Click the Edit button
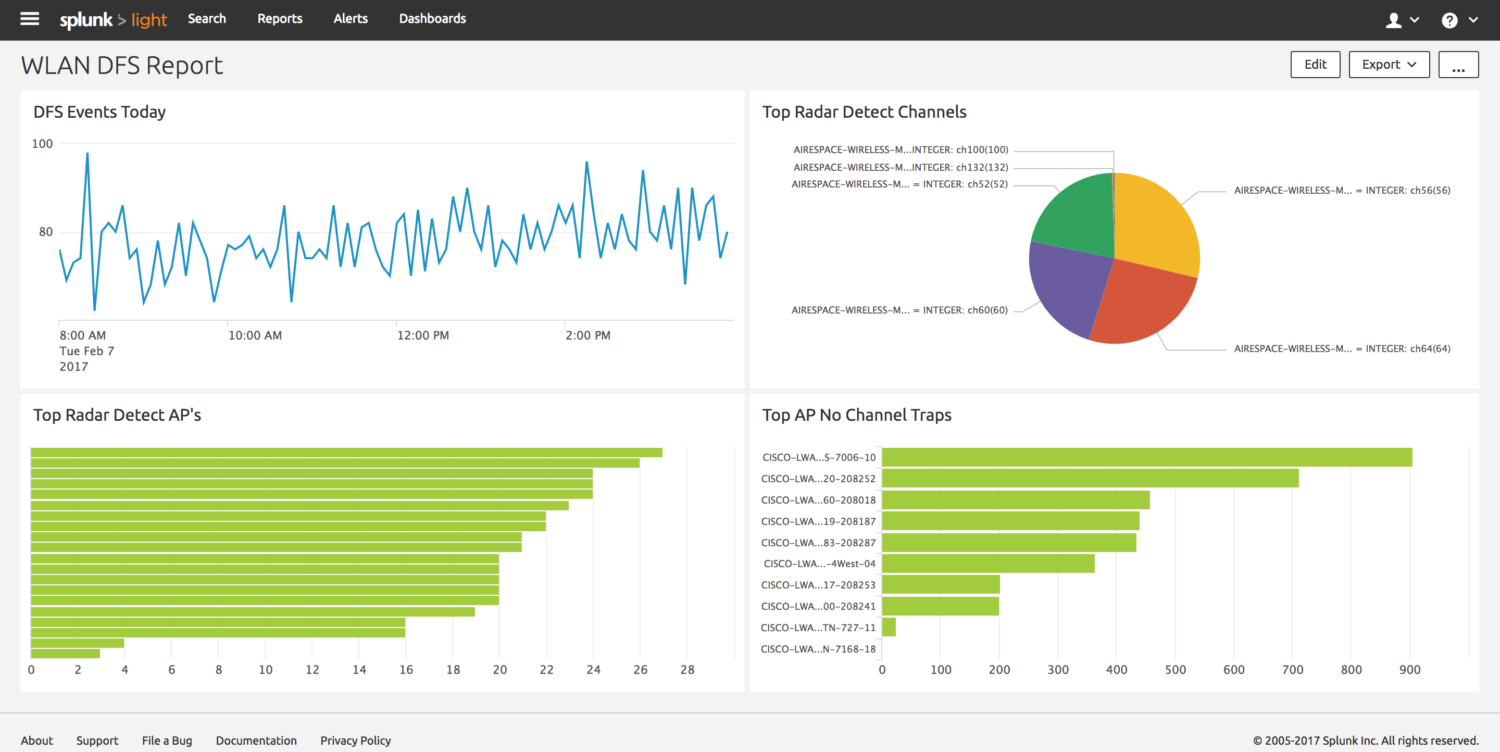(x=1315, y=65)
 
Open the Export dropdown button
(x=1389, y=65)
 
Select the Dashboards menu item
(x=432, y=19)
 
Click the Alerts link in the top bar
(x=351, y=19)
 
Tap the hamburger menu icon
(x=30, y=19)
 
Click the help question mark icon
(x=1449, y=20)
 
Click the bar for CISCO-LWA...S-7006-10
(x=1147, y=457)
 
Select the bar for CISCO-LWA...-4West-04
(x=989, y=563)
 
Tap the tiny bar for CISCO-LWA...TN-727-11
(x=889, y=628)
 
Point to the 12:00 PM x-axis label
(x=423, y=335)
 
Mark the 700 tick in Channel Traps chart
(x=1292, y=670)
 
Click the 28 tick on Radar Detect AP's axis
(x=687, y=670)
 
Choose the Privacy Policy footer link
(x=355, y=741)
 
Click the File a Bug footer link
(x=167, y=741)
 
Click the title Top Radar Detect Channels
(x=864, y=112)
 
